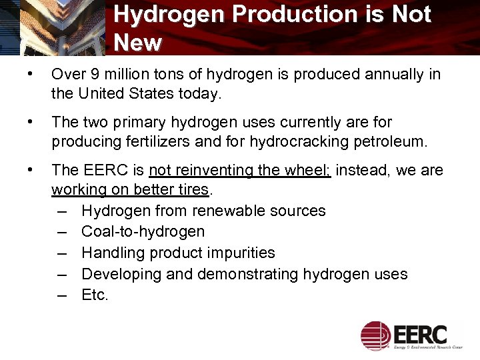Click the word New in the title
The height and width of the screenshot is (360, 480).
click(137, 43)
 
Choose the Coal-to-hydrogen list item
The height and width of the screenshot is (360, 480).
click(143, 232)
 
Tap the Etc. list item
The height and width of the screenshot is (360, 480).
click(95, 295)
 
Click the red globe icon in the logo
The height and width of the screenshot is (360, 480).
click(375, 335)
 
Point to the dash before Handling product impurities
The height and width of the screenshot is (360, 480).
click(61, 253)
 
